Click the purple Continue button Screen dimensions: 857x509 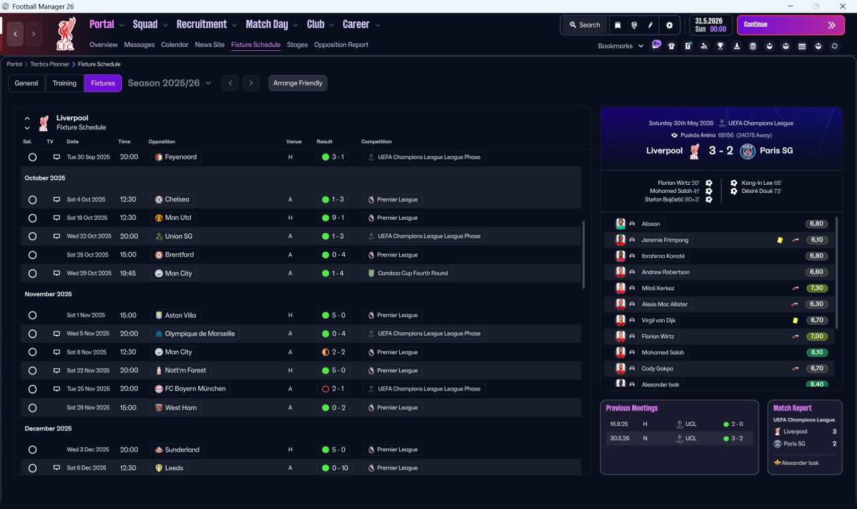tap(791, 25)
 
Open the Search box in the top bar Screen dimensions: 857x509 tap(585, 25)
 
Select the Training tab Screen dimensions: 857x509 tap(64, 83)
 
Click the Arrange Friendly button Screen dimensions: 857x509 tap(298, 83)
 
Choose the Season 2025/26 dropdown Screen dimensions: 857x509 tap(169, 83)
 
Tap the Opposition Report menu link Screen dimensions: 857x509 tap(341, 45)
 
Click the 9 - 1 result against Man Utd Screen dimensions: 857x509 tap(333, 218)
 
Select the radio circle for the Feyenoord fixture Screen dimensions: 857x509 tap(33, 157)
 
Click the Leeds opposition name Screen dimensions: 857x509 tap(173, 468)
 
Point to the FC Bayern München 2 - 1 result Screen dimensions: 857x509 tap(333, 389)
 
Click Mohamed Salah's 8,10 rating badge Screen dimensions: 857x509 tap(816, 352)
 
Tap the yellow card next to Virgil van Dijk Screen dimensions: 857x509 tap(795, 320)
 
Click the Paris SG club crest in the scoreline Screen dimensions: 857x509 tap(747, 151)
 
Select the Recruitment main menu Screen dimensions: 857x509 tap(202, 25)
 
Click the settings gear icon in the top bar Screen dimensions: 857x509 tap(669, 25)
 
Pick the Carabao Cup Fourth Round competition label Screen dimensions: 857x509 tap(412, 273)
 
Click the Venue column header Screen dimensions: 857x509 tap(294, 141)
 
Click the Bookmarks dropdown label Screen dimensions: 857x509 tap(615, 46)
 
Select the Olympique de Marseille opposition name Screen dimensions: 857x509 tap(200, 334)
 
